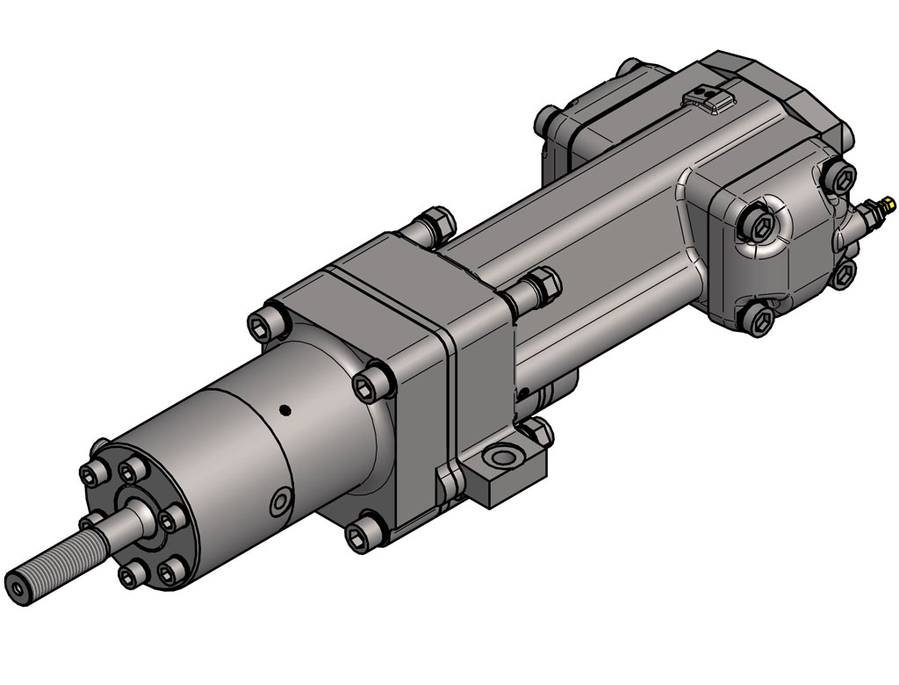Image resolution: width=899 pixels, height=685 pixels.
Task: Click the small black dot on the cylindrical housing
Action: tap(284, 409)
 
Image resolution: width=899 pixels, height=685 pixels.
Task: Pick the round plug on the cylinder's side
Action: tap(280, 501)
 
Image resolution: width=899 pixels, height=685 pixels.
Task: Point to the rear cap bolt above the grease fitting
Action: tap(841, 177)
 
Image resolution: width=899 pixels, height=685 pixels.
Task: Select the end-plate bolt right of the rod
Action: tap(169, 520)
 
